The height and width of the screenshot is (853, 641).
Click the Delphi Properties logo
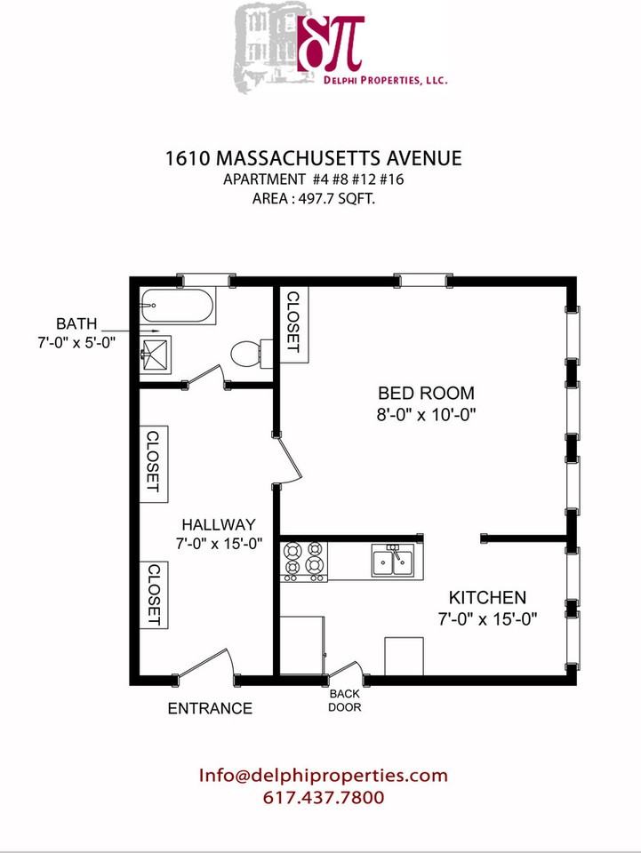[x=341, y=45]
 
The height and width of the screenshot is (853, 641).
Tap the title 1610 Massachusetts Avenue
[x=314, y=158]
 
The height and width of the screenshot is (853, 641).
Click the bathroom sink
[x=156, y=355]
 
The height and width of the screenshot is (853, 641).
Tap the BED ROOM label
[x=426, y=393]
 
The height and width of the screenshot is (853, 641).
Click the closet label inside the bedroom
[x=293, y=322]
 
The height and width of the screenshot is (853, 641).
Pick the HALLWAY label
[x=218, y=524]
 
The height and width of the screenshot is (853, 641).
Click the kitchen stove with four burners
[x=304, y=562]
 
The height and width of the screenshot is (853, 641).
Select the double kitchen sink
[x=394, y=561]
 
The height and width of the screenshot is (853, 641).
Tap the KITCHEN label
[x=487, y=597]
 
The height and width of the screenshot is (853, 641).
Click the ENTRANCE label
[x=210, y=708]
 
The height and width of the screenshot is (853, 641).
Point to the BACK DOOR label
[x=344, y=701]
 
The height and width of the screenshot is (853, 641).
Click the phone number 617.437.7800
[x=324, y=798]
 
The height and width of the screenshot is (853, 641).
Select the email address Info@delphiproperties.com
[x=324, y=775]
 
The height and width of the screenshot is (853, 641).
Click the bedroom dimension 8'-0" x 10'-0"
[x=426, y=415]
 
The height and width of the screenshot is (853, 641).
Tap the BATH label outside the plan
[x=76, y=323]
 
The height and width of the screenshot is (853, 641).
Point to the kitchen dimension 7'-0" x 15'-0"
[x=487, y=619]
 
